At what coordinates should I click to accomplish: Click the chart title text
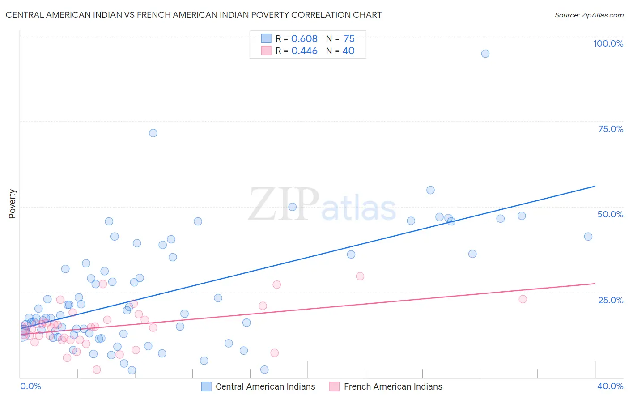coord(193,15)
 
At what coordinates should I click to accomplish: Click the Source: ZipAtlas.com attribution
coord(589,15)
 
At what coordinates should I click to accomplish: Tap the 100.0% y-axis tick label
coord(608,43)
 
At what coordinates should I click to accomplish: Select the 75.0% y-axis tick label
coord(611,129)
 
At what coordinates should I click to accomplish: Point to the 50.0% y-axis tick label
coord(610,214)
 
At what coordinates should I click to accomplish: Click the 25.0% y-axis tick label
coord(611,300)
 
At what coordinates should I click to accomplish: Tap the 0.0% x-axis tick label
coord(30,386)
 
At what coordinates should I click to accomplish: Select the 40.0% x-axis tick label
coord(610,386)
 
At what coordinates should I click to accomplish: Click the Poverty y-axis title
coord(12,204)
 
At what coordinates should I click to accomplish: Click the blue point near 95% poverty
coord(485,54)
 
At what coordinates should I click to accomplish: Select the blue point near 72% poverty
coord(153,133)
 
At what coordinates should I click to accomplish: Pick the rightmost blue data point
coord(588,237)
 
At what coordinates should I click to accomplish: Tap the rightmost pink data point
coord(523,299)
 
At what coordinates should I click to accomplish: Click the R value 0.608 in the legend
coord(304,39)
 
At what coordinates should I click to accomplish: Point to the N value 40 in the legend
coord(348,51)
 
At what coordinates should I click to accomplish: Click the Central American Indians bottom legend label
coord(265,386)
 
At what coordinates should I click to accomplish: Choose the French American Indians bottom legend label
coord(393,386)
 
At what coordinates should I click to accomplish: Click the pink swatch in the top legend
coord(266,51)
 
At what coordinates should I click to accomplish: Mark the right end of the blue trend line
coord(595,186)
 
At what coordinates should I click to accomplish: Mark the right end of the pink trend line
coord(595,284)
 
